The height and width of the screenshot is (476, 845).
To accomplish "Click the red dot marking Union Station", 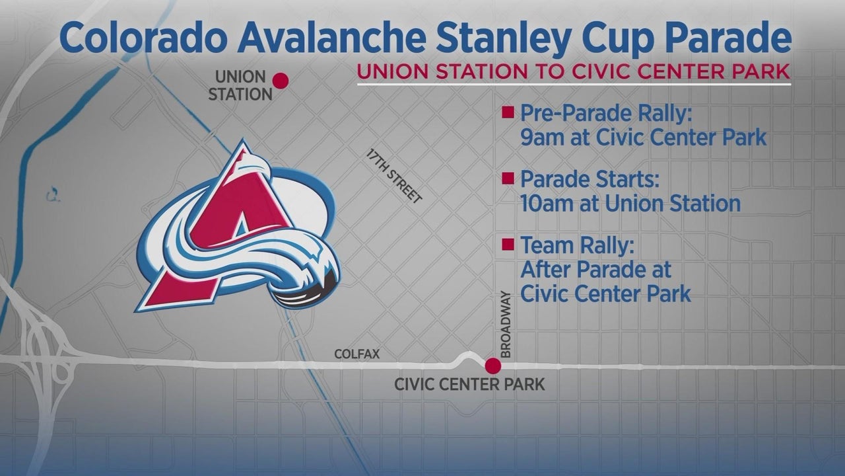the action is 281,81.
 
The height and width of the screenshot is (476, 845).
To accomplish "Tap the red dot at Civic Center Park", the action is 492,366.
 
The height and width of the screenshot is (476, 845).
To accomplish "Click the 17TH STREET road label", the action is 393,176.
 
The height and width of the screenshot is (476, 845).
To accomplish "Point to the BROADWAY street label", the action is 505,325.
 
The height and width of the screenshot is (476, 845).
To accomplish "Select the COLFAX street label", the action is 357,354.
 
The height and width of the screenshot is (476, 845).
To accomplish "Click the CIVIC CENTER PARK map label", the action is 469,385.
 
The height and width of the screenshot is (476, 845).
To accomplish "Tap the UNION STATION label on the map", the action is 240,86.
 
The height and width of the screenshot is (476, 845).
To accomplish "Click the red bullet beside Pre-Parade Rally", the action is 508,112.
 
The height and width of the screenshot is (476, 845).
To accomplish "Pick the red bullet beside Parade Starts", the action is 508,178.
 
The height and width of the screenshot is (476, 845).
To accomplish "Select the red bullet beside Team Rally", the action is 508,245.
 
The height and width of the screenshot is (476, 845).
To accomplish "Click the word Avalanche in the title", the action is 332,38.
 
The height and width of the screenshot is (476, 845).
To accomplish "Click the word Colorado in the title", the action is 143,38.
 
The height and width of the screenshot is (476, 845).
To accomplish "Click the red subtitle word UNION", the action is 393,71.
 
